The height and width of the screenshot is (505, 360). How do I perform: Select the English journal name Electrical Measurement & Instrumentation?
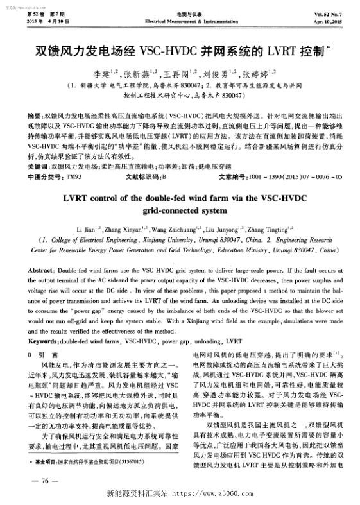pos(180,21)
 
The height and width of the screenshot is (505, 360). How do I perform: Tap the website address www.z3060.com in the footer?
pos(218,496)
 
